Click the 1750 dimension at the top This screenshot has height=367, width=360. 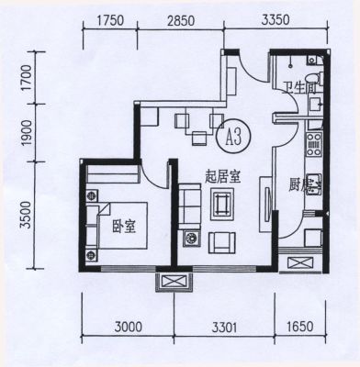(x=110, y=20)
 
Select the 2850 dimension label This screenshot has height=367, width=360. (x=181, y=21)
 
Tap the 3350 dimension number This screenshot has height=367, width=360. (x=276, y=19)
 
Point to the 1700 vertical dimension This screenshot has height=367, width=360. (x=28, y=78)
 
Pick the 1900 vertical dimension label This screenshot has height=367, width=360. (x=27, y=133)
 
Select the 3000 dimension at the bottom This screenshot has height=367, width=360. (x=129, y=328)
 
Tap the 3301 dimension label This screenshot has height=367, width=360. (x=225, y=328)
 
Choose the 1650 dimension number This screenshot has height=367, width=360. (x=300, y=327)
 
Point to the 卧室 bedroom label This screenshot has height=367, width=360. (x=124, y=227)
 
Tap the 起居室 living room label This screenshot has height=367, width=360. (x=222, y=177)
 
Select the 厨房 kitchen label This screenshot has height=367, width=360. (x=301, y=185)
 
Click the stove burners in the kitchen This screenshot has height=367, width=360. (x=314, y=144)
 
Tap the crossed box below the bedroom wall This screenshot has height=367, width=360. (x=174, y=282)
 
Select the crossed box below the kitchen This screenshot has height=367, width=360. (x=300, y=263)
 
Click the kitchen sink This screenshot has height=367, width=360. (x=314, y=184)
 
